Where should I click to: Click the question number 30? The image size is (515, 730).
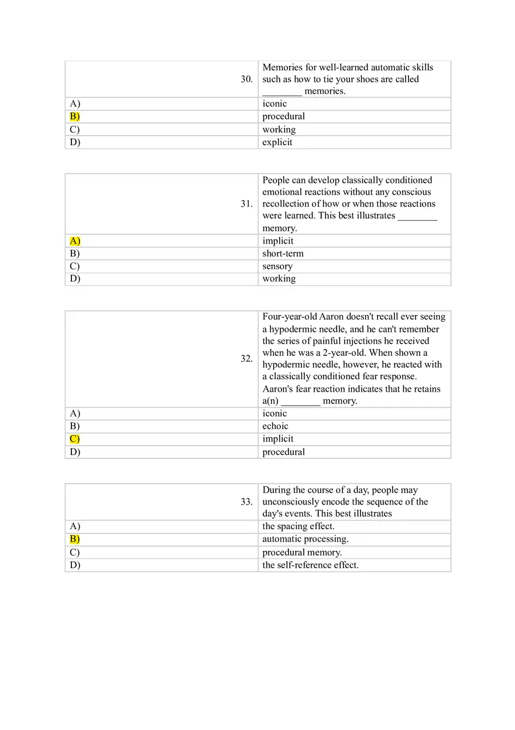pos(246,79)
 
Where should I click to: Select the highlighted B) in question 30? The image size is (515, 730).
pos(74,116)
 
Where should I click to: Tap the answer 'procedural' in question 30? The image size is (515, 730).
pos(283,116)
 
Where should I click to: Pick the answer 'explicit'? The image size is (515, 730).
pos(277,142)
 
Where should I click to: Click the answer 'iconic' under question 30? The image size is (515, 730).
pos(274,104)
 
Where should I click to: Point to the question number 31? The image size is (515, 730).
pos(246,204)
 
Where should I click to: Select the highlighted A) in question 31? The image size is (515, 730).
pos(75,241)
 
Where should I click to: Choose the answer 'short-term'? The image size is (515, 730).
pos(283,253)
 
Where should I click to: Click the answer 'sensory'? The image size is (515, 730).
pos(277,266)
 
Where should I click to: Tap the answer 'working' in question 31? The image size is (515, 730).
pos(279,279)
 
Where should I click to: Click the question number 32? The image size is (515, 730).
pos(246,358)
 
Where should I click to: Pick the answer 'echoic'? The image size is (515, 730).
pos(275,426)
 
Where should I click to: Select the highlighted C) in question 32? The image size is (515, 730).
pos(74,439)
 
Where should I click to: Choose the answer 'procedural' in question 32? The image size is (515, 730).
pos(283,452)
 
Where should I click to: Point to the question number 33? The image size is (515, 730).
pos(246,502)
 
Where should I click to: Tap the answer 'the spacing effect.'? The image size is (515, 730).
pos(298,526)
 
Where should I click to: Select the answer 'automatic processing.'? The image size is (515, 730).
pos(305,539)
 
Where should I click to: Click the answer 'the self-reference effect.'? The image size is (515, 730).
pos(310,565)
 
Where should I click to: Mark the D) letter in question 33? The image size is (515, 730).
pos(75,565)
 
